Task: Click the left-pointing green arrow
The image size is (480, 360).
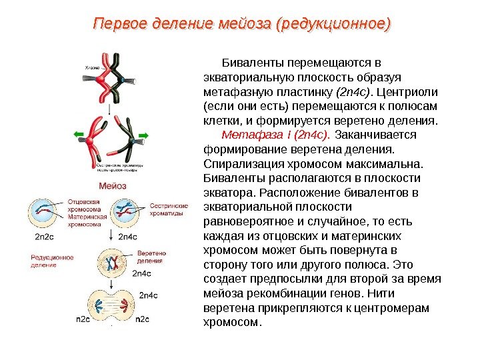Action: tap(81, 135)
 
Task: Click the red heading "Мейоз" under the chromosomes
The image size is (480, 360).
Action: tap(113, 185)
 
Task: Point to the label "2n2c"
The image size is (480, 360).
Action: tap(45, 236)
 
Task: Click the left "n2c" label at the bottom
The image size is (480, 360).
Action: tap(83, 319)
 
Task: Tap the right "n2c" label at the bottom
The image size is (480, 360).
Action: tap(143, 319)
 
